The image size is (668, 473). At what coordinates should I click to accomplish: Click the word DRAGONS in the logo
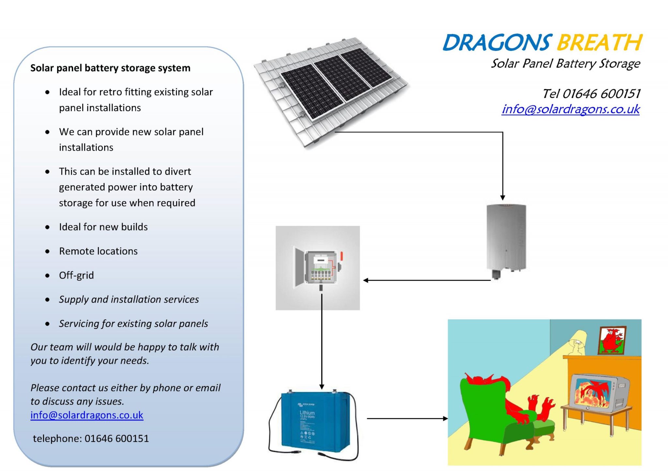pos(497,43)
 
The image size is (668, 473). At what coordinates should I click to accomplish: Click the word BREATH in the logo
pos(600,43)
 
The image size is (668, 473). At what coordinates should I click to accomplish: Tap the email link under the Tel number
pos(571,109)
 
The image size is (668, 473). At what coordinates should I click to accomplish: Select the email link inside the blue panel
pos(87,415)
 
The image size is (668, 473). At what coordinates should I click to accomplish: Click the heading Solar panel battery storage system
pos(110,68)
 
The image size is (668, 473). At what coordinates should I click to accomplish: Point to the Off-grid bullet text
pos(76,275)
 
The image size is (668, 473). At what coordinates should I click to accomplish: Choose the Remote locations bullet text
pos(98,251)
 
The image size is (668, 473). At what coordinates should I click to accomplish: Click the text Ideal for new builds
pos(103,227)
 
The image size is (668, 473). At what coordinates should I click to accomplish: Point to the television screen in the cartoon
pos(592,393)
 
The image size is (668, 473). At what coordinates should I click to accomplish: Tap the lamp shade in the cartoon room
pos(578,336)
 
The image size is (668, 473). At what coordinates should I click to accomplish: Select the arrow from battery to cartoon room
pos(406,418)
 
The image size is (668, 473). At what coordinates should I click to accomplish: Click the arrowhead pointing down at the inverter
pos(503,197)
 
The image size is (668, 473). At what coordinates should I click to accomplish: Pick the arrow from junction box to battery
pos(322,339)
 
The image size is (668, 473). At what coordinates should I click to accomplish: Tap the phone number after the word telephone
pos(117,438)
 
